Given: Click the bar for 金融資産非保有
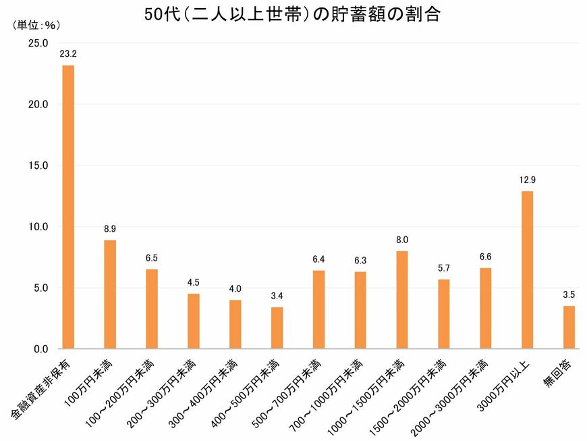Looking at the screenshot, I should click(68, 207).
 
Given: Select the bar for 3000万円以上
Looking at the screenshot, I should click(527, 270).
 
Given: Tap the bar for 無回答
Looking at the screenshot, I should click(569, 328).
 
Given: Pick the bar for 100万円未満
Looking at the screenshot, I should click(110, 294).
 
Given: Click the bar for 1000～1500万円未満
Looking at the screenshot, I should click(402, 300).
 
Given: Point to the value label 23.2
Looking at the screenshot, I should click(67, 53).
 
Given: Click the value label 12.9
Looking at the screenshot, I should click(527, 180).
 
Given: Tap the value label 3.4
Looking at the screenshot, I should click(277, 296).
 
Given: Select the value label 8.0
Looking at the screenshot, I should click(402, 240).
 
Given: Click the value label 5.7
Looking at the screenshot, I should click(444, 267).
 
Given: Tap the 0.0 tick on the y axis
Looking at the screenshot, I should click(38, 349).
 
